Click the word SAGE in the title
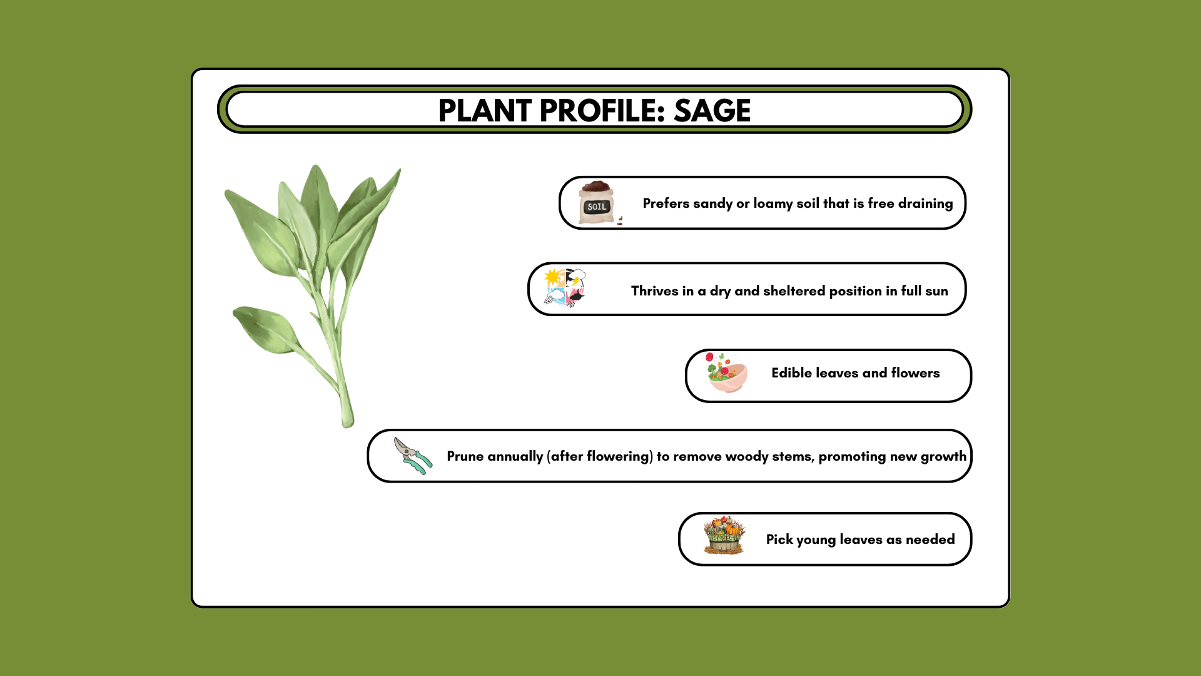712,111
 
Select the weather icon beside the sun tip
565,288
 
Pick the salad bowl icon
727,373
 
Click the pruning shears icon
413,456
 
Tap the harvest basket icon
724,535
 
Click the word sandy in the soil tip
712,204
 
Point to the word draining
925,204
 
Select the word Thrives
654,291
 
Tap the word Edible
791,373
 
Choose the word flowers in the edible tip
915,373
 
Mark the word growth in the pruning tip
943,457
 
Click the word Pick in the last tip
779,540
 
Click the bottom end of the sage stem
348,426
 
